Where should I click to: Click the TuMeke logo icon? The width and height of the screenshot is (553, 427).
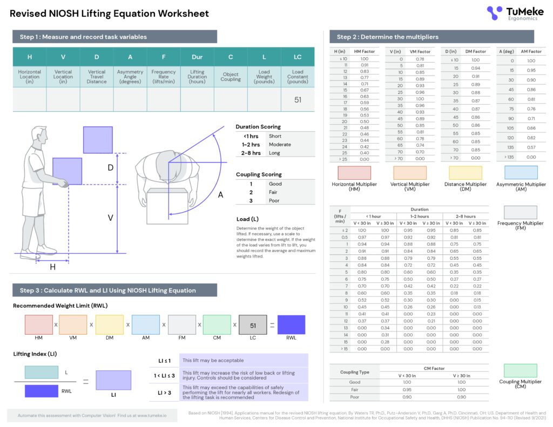[x=494, y=12]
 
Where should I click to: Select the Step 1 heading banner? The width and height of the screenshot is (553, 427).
[x=114, y=37]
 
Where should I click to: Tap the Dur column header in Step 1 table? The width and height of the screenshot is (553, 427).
[x=197, y=57]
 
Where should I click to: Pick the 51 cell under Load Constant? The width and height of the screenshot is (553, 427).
[x=298, y=100]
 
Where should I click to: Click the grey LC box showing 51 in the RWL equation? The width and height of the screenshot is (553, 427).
[x=252, y=325]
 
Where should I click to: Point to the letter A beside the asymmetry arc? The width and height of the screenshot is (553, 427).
[x=220, y=195]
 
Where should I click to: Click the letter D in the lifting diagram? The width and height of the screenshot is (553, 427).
[x=111, y=168]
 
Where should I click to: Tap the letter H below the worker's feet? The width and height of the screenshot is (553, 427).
[x=52, y=267]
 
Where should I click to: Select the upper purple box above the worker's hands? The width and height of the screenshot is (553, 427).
[x=98, y=140]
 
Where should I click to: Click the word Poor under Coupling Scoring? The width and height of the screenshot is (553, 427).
[x=275, y=201]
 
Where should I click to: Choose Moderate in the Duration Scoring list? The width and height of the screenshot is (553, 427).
[x=279, y=145]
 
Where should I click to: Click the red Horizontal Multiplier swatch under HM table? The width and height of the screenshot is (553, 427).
[x=354, y=173]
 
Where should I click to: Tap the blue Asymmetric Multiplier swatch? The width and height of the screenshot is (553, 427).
[x=521, y=173]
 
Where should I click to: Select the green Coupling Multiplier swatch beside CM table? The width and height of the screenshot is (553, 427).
[x=521, y=370]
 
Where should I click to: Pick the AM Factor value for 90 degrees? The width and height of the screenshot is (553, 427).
[x=531, y=119]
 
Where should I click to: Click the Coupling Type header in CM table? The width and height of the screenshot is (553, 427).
[x=354, y=372]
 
